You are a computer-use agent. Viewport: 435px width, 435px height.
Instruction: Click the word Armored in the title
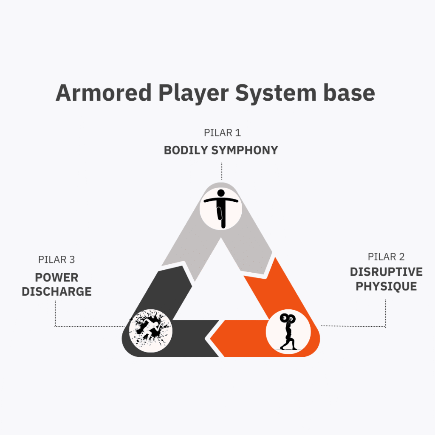103,92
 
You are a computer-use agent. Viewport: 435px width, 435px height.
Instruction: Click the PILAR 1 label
222,133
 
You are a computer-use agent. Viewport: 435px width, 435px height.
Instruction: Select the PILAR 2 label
386,257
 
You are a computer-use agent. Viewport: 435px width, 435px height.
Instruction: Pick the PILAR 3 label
56,260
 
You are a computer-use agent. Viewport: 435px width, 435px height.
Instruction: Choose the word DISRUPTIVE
386,272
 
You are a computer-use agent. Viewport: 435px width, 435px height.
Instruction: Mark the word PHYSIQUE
386,286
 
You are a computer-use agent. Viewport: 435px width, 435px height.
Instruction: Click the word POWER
56,277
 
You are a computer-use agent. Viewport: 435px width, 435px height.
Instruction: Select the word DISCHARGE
56,291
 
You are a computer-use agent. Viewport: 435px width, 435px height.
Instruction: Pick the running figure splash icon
150,332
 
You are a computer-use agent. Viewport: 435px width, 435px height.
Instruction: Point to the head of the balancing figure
220,193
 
